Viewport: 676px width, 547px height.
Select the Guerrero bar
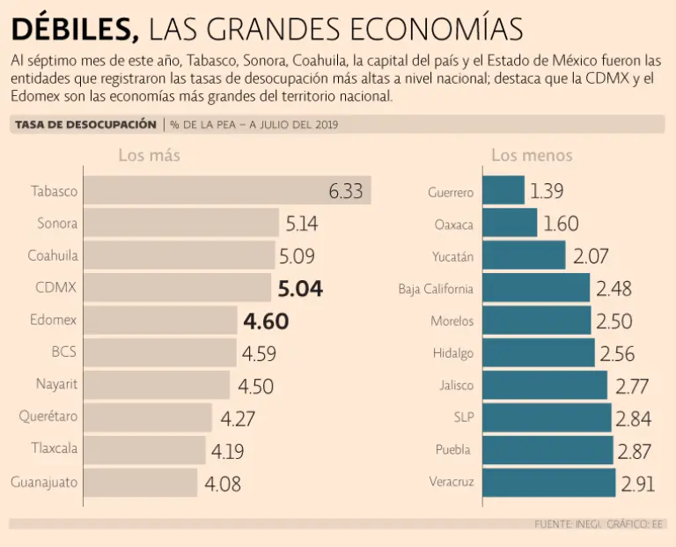[503, 191]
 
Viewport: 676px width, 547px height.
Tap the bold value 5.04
[300, 288]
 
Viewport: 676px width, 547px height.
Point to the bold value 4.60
[267, 321]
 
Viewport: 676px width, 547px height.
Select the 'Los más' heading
[150, 156]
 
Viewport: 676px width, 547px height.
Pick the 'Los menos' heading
[532, 156]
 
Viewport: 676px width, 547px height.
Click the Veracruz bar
[548, 482]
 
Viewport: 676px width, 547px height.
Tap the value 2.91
[639, 483]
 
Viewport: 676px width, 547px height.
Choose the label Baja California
[435, 288]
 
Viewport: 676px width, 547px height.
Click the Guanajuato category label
[44, 482]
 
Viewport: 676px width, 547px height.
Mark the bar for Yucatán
[523, 256]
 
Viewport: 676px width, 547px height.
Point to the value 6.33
[345, 191]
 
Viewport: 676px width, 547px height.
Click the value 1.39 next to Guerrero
[547, 191]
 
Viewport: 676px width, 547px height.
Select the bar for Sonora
[181, 224]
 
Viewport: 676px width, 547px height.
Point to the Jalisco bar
[544, 385]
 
